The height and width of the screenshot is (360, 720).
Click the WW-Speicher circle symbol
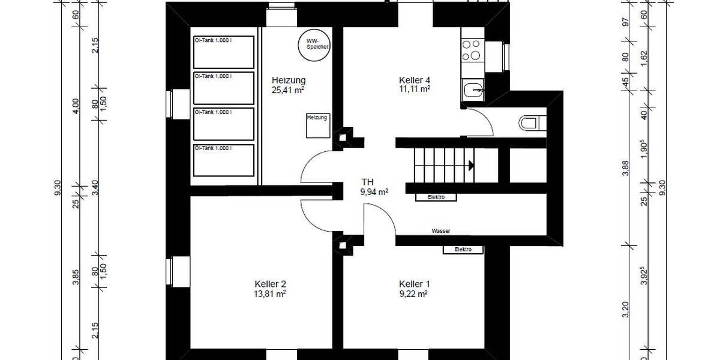315,44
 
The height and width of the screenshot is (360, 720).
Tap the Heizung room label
289,80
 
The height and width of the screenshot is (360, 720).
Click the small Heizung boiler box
317,125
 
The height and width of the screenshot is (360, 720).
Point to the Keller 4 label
415,80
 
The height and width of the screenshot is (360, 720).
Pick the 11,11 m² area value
415,89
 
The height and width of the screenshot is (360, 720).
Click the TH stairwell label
368,181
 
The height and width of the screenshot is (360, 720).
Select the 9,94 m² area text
374,192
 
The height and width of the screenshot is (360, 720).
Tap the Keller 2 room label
270,284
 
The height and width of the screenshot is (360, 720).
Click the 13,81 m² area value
270,294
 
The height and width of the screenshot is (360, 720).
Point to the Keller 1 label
415,284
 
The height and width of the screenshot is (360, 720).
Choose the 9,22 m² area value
413,294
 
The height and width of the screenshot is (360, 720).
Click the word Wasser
440,231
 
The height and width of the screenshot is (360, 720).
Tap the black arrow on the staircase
472,165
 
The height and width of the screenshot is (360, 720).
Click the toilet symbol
529,123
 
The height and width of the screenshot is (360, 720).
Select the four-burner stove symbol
472,49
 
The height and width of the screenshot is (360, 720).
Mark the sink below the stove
473,91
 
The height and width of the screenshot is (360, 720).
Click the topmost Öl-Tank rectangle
223,52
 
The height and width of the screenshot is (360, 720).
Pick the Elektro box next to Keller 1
463,249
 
